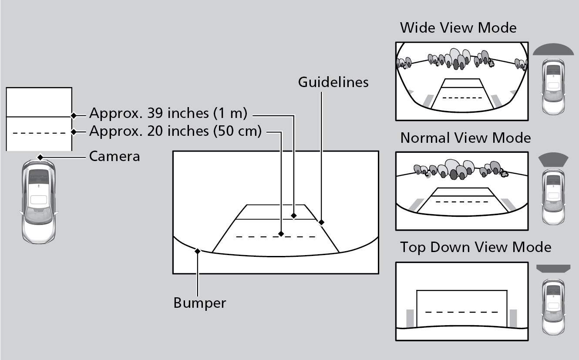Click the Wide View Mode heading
458,28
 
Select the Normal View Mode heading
465,138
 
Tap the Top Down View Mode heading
475,247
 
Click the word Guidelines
333,82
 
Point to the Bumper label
200,303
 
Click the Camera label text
114,156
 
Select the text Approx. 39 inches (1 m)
168,114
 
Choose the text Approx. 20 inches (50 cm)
175,131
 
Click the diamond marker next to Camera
40,157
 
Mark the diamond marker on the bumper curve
198,251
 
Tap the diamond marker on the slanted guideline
321,222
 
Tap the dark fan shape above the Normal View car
553,160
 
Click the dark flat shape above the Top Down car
553,268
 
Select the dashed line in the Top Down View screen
461,312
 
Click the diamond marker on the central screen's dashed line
281,234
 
